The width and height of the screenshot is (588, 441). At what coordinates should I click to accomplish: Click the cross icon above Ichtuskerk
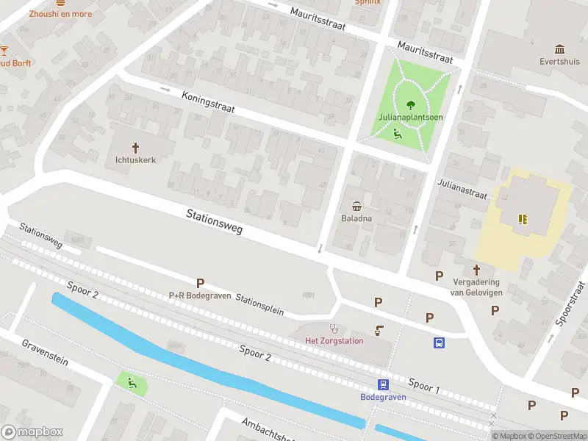135,147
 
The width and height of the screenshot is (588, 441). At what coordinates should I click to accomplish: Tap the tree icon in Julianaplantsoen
410,104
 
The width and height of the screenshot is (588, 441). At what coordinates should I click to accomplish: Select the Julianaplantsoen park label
410,117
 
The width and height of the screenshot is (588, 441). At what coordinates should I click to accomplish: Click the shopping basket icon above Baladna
357,206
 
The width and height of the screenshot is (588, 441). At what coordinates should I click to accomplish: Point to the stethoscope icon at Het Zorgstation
334,328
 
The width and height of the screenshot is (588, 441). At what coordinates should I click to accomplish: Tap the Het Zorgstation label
334,340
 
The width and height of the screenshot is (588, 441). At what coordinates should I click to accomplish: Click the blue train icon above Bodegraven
383,384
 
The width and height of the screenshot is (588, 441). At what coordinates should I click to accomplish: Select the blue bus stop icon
439,343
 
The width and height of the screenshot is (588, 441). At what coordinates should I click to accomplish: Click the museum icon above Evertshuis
560,49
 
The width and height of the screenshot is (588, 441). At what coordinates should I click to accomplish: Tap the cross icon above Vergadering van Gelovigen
476,270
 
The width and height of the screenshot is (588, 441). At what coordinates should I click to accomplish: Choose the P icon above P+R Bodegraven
200,283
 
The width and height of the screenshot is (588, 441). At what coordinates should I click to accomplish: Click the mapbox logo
32,431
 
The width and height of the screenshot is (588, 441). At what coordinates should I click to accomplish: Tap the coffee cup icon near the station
379,331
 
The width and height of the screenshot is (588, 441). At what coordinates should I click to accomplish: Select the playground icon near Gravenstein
132,381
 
